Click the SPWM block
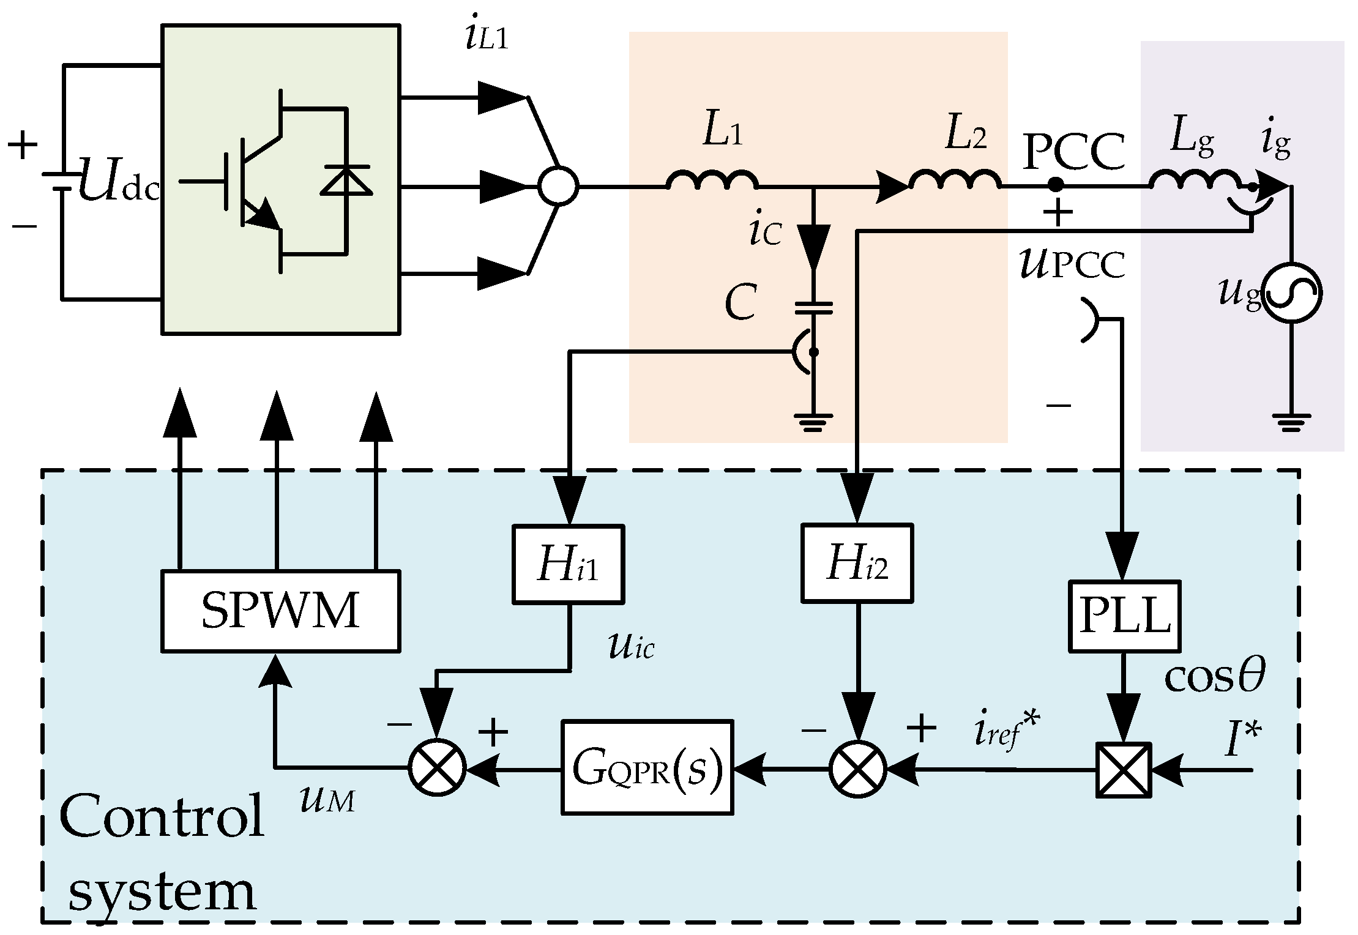tap(280, 611)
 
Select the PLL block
tap(1125, 616)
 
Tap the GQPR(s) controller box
tap(647, 767)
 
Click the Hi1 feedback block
tap(568, 564)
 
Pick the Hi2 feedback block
tap(857, 562)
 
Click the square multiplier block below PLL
tap(1124, 770)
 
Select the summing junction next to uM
tap(437, 767)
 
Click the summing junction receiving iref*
tap(857, 769)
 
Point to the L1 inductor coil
tap(712, 181)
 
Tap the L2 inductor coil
tap(955, 181)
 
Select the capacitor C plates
tap(813, 308)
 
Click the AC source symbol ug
tap(1293, 294)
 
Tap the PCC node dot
tap(1055, 184)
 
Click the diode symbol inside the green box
tap(346, 181)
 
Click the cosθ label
tap(1214, 677)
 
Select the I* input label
tap(1242, 739)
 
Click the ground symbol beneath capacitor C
tap(813, 422)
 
